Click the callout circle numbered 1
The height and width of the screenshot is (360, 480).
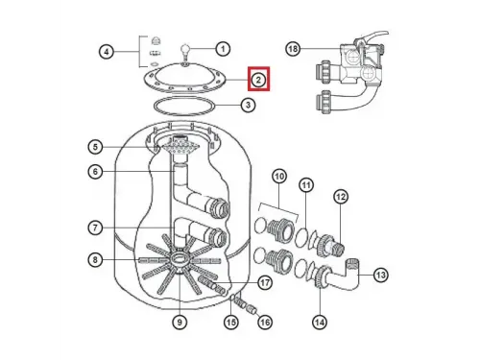click(223, 48)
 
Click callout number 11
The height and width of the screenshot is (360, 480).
click(306, 184)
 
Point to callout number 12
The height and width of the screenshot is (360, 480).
click(340, 197)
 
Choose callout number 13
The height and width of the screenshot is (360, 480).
click(380, 275)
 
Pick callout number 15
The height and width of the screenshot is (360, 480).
click(230, 323)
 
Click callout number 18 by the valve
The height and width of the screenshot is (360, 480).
click(294, 49)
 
